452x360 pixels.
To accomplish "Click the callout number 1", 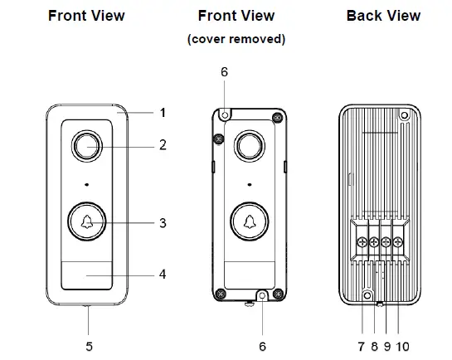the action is click(163, 113).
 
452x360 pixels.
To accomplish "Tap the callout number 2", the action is click(163, 144).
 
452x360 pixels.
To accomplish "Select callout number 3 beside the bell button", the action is click(163, 223).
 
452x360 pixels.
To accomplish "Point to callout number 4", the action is click(163, 274).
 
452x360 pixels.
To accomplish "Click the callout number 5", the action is click(90, 347).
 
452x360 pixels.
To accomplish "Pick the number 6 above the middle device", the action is click(224, 72).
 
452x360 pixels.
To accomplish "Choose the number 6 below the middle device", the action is click(262, 347).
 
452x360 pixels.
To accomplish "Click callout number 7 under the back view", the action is click(362, 347).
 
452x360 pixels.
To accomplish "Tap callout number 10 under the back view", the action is click(403, 347).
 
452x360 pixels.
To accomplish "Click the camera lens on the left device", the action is click(87, 146).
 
